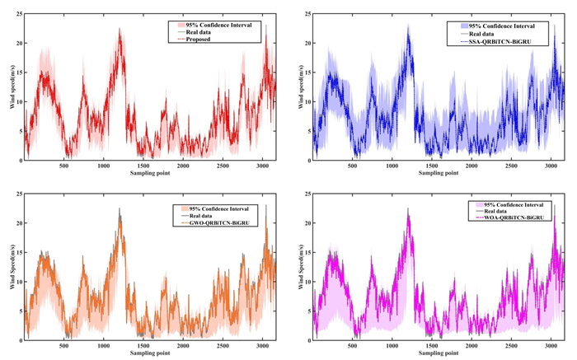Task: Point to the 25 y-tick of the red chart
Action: click(17, 13)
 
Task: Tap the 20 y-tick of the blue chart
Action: click(306, 43)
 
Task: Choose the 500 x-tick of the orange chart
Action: click(63, 346)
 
